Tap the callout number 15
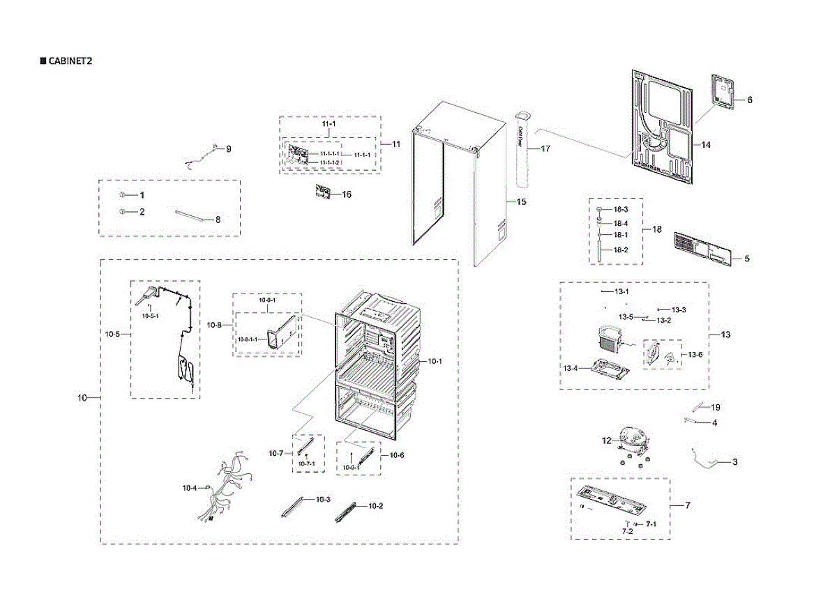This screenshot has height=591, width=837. click(521, 201)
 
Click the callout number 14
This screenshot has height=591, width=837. click(706, 145)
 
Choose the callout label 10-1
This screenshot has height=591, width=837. click(435, 361)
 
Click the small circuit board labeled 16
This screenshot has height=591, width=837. click(322, 193)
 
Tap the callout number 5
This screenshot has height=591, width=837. click(746, 259)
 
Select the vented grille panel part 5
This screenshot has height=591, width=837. click(702, 249)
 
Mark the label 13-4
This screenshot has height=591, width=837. click(571, 368)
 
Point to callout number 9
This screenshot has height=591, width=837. click(228, 148)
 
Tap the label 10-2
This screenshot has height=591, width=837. click(375, 505)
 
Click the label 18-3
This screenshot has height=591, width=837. click(621, 210)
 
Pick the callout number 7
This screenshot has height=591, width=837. click(687, 505)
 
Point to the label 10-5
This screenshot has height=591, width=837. click(112, 335)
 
